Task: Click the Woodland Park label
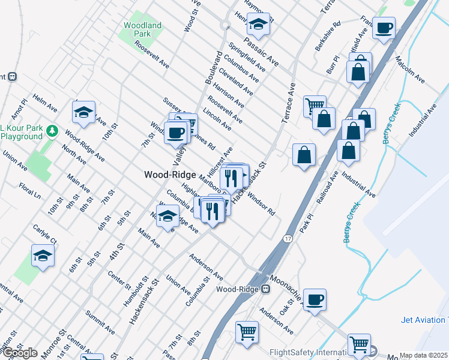142,30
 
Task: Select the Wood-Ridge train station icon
265,289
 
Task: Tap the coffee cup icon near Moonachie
315,299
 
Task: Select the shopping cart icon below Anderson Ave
247,331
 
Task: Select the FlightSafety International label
309,352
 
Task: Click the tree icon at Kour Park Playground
52,131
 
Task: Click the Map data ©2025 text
424,355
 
